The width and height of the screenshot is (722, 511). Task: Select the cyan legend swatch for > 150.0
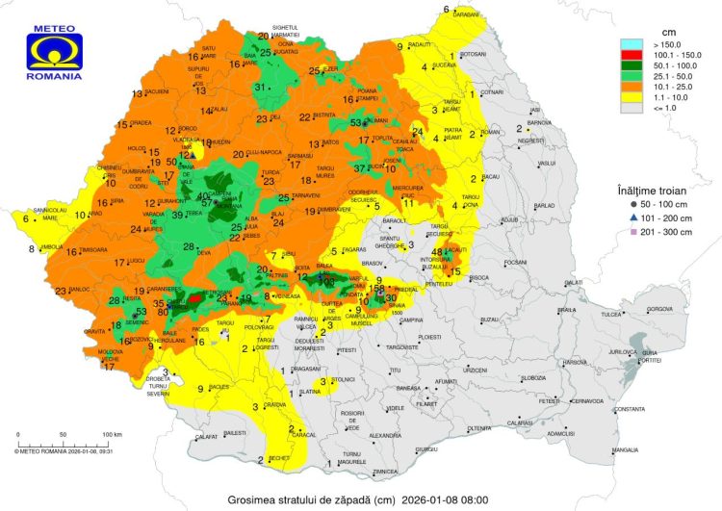pyautogui.click(x=632, y=44)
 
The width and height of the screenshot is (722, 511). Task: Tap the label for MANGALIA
pyautogui.click(x=625, y=449)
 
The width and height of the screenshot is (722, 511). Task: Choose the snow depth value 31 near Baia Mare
pyautogui.click(x=259, y=87)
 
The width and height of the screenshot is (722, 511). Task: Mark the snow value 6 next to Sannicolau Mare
pyautogui.click(x=26, y=218)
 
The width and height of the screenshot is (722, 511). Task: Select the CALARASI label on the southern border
pyautogui.click(x=520, y=422)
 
